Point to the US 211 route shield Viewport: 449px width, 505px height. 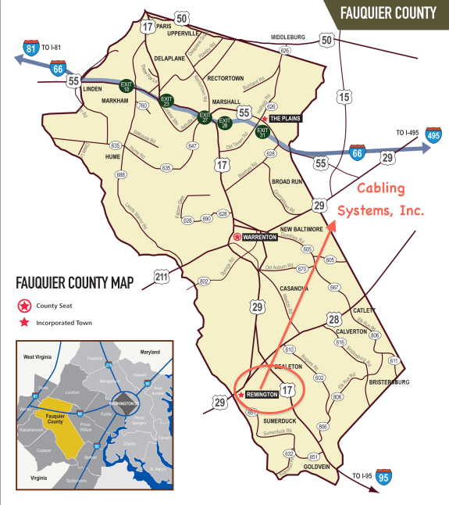162,277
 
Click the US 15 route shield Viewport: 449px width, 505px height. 344,98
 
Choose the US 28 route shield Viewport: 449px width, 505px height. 333,319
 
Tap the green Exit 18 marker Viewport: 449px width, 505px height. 127,86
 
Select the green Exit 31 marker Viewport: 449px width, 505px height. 262,131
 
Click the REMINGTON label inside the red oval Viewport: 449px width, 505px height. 262,395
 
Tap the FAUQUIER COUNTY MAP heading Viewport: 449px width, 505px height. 75,281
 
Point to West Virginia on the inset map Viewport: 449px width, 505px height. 39,356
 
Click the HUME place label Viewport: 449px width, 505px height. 115,156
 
